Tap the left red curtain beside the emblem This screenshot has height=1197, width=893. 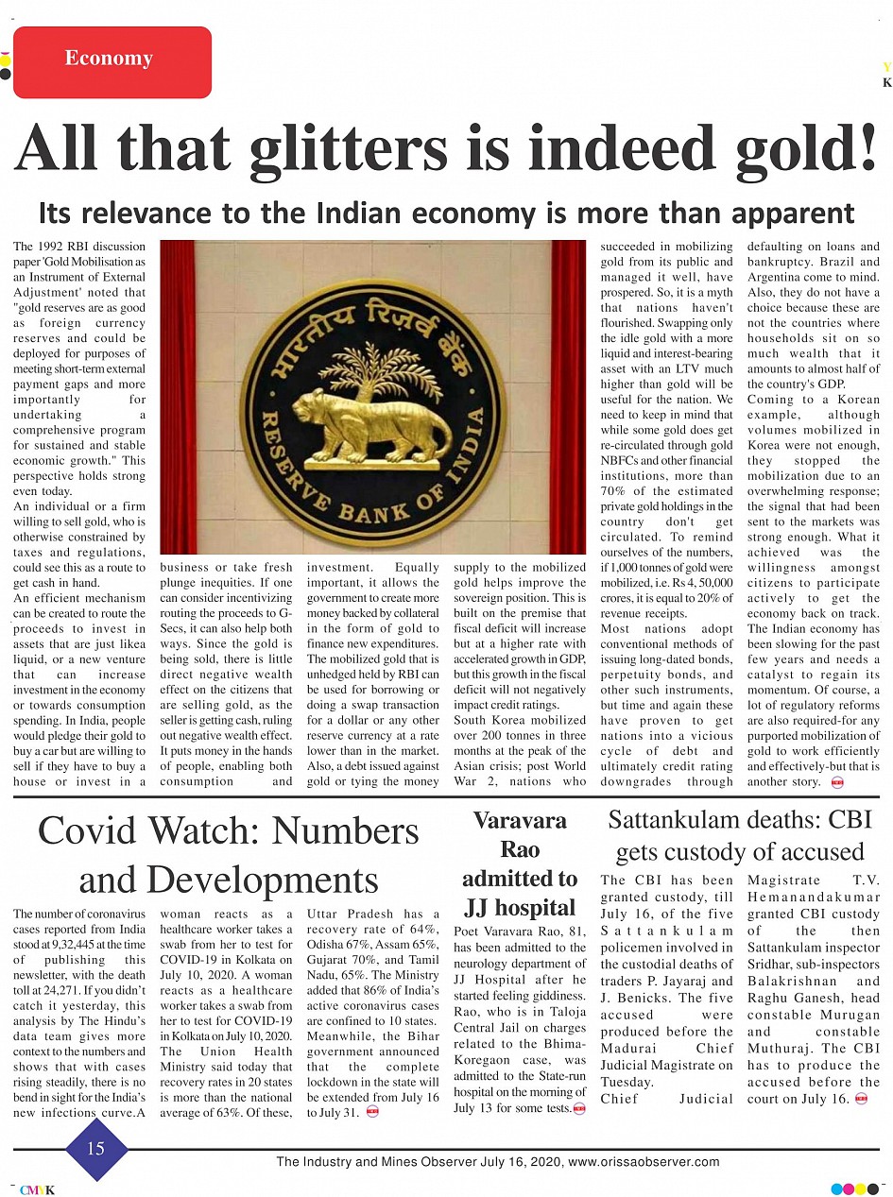[x=177, y=397]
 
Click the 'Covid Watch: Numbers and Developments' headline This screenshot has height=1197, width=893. [x=228, y=854]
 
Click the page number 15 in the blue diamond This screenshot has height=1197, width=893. [x=95, y=1148]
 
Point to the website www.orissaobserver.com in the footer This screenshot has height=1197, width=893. [x=644, y=1162]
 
